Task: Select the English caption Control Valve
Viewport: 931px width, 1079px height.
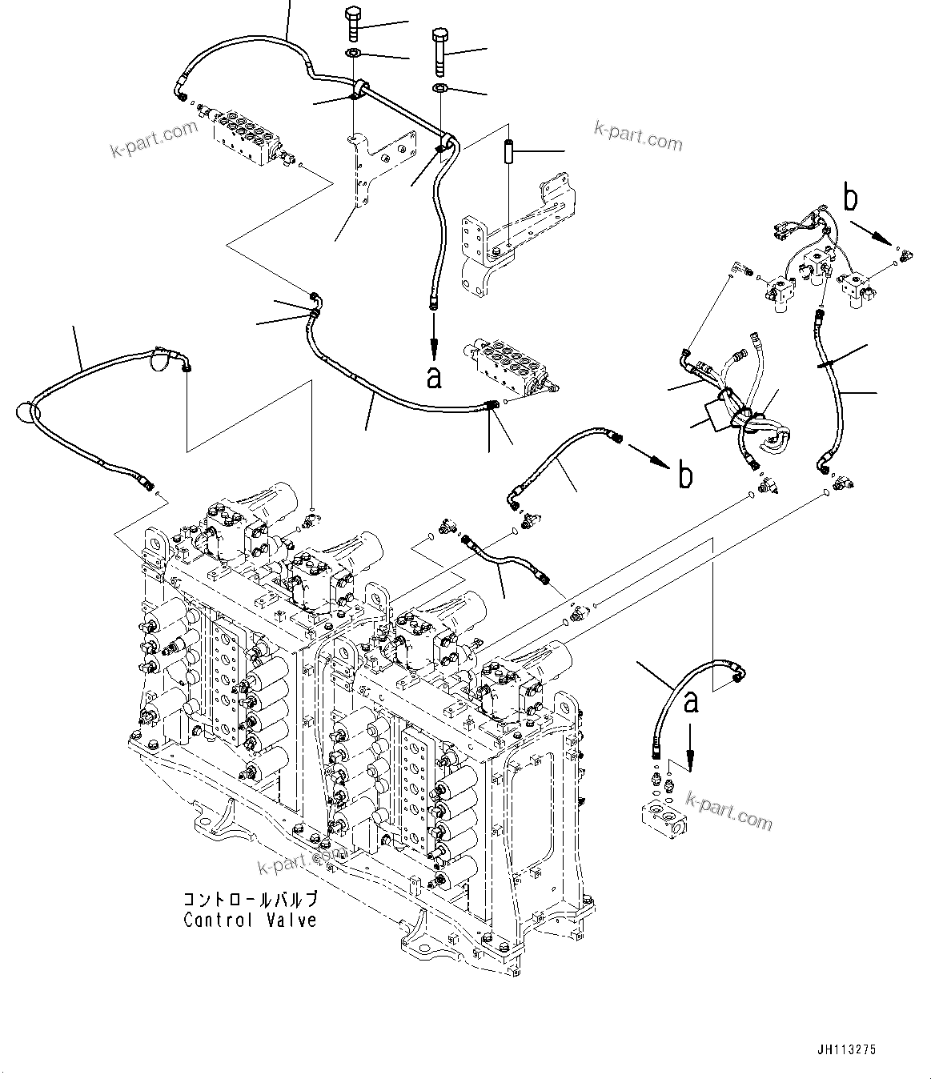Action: click(x=250, y=921)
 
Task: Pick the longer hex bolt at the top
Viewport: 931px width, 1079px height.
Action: click(x=439, y=50)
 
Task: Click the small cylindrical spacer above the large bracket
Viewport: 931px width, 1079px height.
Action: click(x=508, y=151)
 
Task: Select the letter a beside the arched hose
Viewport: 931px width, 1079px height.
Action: click(x=691, y=702)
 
